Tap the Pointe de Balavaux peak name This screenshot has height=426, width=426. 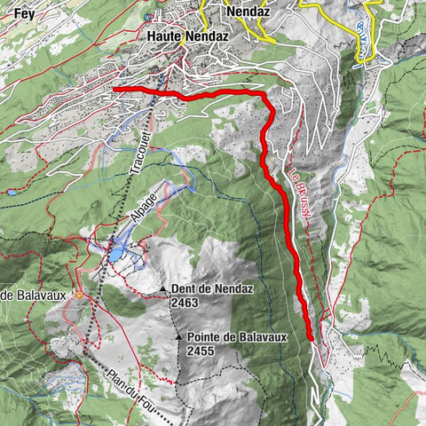(237, 338)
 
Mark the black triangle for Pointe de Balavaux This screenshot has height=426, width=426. (188, 337)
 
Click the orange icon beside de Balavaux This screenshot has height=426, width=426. (79, 295)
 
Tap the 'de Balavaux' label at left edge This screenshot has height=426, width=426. (35, 296)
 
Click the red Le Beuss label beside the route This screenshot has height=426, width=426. (300, 195)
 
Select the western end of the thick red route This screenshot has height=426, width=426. (116, 90)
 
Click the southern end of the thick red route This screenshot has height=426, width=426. (311, 337)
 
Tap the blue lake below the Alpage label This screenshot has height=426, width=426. (118, 254)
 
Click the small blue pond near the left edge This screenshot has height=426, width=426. (11, 192)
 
